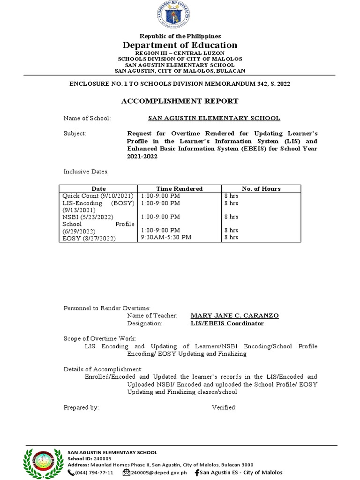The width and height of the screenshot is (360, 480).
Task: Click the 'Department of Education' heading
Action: [180, 45]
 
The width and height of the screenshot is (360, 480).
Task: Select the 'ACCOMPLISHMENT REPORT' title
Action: [180, 101]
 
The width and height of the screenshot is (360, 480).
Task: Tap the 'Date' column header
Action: [99, 188]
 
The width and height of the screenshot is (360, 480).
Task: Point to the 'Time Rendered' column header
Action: [179, 188]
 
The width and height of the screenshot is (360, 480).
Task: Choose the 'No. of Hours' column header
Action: [261, 188]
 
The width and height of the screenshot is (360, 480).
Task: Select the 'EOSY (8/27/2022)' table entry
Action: [89, 238]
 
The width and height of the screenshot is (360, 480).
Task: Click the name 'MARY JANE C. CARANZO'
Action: [234, 315]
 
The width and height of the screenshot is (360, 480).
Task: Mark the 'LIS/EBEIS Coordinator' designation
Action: [227, 323]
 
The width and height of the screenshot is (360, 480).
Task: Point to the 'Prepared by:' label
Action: [81, 407]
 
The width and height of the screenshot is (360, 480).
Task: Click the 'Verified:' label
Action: [224, 407]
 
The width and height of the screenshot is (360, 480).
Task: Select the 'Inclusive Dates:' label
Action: [86, 172]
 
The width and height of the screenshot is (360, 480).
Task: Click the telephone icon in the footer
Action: [71, 472]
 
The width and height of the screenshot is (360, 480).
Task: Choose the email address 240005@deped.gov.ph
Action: [158, 472]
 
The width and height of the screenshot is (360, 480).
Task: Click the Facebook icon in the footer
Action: [197, 472]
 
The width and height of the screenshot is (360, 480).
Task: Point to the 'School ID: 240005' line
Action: [90, 458]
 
